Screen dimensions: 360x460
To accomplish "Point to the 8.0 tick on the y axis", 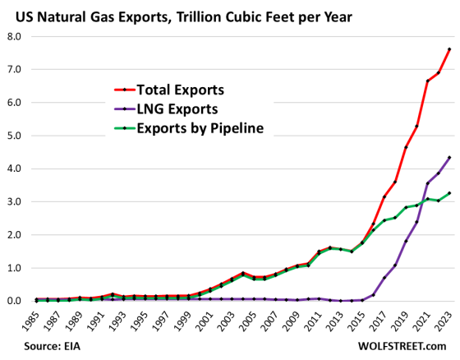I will pyautogui.click(x=16, y=37).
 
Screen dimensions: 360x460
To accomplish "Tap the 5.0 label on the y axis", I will pyautogui.click(x=16, y=136).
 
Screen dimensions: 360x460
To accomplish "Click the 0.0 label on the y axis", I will pyautogui.click(x=16, y=301).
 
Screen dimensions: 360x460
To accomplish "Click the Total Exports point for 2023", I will pyautogui.click(x=448, y=49).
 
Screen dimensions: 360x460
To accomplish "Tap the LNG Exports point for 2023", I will pyautogui.click(x=448, y=158).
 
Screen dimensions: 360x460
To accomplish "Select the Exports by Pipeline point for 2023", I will pyautogui.click(x=448, y=193).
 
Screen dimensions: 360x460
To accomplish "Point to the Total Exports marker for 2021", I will pyautogui.click(x=426, y=81).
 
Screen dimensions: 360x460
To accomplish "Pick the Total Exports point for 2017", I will pyautogui.click(x=383, y=197).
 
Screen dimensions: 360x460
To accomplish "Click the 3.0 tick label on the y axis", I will pyautogui.click(x=16, y=202).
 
